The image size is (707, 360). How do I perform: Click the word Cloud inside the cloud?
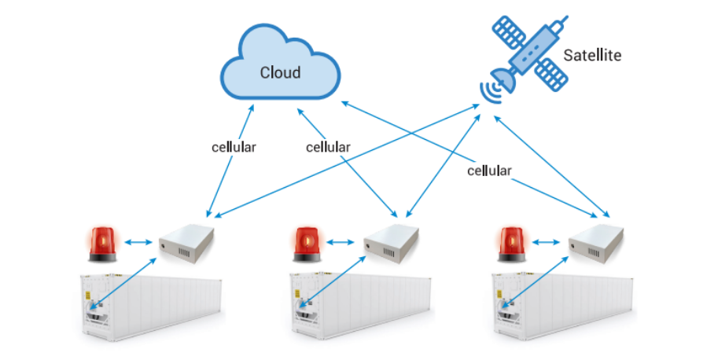tap(280, 72)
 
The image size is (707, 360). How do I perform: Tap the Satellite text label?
tap(592, 56)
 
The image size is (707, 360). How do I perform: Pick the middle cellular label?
tap(328, 147)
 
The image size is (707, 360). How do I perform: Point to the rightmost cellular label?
tap(489, 170)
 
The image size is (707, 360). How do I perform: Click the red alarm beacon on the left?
tap(101, 244)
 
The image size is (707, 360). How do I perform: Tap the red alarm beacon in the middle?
tap(306, 244)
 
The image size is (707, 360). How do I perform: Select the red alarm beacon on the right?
tap(511, 244)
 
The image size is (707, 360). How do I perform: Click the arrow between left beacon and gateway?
tap(138, 244)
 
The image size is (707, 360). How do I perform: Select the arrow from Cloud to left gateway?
tap(230, 161)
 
